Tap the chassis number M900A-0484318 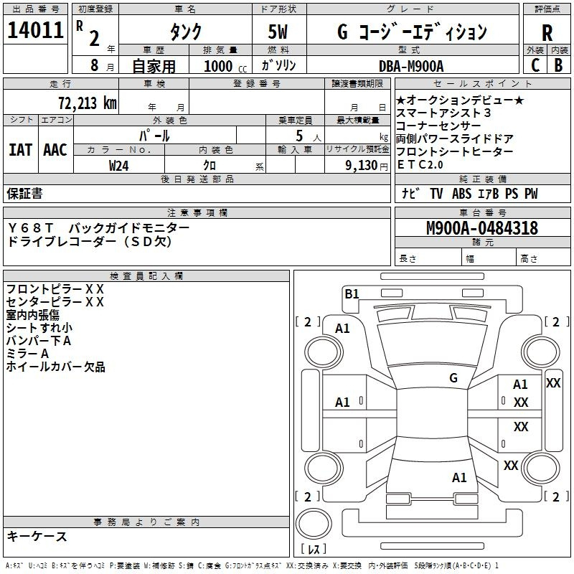481,228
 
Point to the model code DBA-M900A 411,66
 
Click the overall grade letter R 547,32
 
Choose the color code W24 119,166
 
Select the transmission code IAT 21,150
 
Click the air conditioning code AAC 55,150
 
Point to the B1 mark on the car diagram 352,293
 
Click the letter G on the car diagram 453,378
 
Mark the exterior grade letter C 535,65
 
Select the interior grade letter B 558,65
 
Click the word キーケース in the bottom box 37,537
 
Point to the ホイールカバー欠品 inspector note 55,367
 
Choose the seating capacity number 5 298,135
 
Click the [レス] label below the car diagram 314,549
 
